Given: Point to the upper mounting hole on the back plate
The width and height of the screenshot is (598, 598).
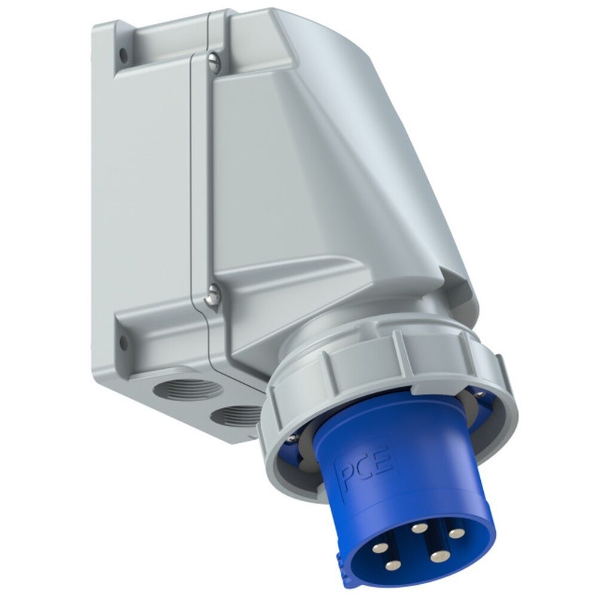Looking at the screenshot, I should (124, 54).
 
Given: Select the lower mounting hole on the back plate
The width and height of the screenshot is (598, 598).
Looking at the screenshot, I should (123, 343).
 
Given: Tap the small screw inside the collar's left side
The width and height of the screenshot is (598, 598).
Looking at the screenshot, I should (291, 438).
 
